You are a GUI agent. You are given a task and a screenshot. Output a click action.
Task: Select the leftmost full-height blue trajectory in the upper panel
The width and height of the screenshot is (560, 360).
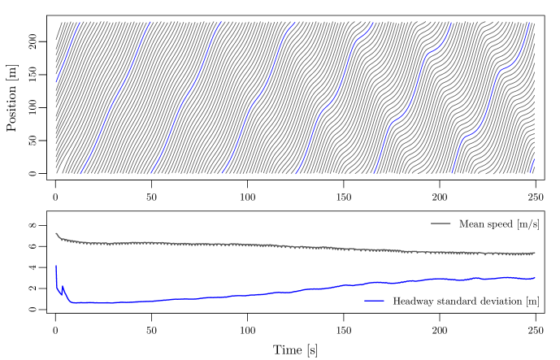click(x=114, y=98)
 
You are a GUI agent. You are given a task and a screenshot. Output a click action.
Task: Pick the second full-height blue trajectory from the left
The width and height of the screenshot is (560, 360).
click(x=185, y=98)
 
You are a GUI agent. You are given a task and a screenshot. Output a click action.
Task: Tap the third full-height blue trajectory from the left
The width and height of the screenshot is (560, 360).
click(x=258, y=98)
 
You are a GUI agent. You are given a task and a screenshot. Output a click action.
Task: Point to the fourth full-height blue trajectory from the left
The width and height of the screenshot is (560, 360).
click(x=334, y=98)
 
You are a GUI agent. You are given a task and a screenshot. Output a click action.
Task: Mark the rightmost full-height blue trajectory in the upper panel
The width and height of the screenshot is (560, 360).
click(x=488, y=98)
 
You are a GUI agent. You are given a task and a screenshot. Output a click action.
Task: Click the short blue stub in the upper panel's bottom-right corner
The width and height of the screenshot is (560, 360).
click(x=532, y=166)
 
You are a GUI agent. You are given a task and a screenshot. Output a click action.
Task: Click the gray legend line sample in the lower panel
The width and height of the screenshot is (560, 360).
click(x=441, y=223)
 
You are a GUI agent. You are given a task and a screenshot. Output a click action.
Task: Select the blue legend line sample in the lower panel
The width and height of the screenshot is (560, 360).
click(x=374, y=301)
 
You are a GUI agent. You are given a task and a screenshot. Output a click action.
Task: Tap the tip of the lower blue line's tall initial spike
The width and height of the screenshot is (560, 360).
click(x=55, y=265)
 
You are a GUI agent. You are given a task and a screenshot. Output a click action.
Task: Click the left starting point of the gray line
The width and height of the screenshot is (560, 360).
click(x=55, y=233)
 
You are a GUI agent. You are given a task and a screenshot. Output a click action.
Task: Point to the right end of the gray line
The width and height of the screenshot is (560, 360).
click(x=535, y=253)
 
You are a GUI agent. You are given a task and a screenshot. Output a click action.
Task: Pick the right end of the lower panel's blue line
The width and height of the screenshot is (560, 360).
click(x=535, y=278)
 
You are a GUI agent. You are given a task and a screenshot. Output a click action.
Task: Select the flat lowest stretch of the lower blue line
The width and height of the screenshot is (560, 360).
click(x=98, y=302)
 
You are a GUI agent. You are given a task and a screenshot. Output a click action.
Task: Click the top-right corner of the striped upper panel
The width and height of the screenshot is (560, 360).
click(x=534, y=22)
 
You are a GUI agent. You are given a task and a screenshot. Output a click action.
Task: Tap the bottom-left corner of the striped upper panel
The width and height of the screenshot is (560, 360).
click(x=55, y=173)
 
